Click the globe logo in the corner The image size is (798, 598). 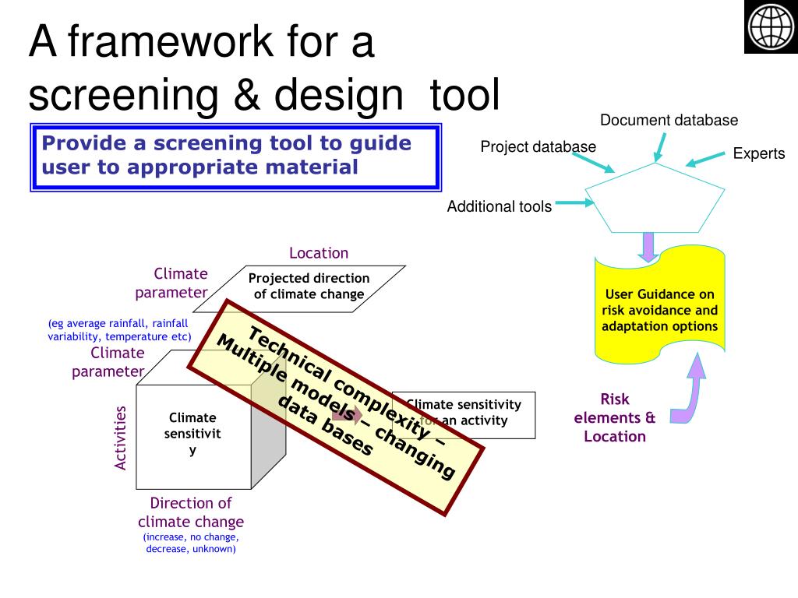pos(770,27)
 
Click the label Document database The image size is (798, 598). pos(669,120)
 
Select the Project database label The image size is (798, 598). pos(538,146)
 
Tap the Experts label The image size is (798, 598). pos(758,153)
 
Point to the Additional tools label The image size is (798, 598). pos(499,206)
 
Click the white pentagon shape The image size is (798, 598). pos(655,199)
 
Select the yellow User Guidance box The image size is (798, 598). pos(659,310)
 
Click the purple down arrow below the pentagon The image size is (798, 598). pos(647,247)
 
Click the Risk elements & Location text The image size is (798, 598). pos(615,417)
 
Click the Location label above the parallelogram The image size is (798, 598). pos(319,252)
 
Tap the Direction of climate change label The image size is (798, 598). pos(191,512)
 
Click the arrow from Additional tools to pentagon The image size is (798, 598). pos(576,203)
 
